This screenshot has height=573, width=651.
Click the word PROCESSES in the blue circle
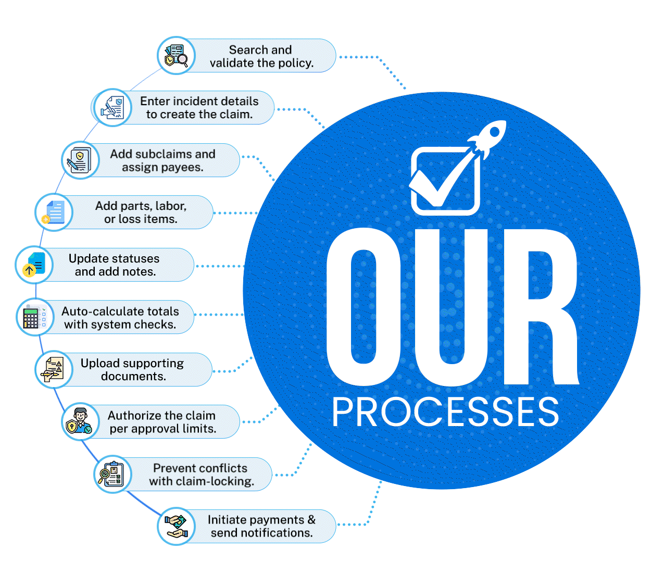[445, 412]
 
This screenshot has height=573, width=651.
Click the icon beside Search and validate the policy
[176, 56]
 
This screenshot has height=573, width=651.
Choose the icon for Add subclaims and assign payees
[80, 160]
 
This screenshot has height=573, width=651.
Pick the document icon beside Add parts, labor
[54, 213]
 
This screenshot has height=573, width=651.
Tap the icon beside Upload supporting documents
[54, 369]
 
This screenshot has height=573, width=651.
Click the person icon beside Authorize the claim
[80, 421]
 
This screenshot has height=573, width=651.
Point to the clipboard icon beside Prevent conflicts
[112, 474]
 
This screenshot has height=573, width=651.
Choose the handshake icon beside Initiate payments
[176, 526]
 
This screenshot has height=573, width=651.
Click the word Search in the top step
[248, 50]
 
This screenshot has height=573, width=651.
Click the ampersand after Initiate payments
[311, 520]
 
